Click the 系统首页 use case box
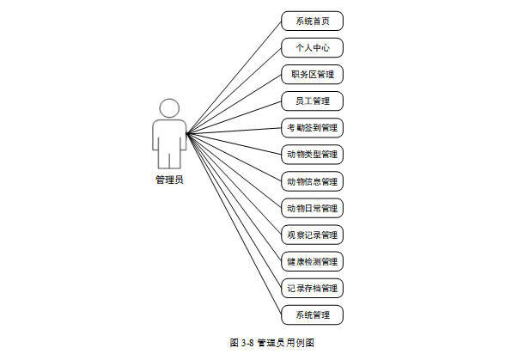312,21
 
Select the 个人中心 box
312,48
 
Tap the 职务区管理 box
312,75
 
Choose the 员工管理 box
312,101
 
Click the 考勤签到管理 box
312,128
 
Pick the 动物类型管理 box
312,155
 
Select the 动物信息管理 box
312,181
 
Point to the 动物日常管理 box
312,208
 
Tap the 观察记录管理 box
312,235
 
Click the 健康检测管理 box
312,261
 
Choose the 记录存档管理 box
312,288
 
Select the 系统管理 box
312,314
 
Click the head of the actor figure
169,108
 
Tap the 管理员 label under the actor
169,180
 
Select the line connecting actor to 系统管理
234,223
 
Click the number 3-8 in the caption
247,342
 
